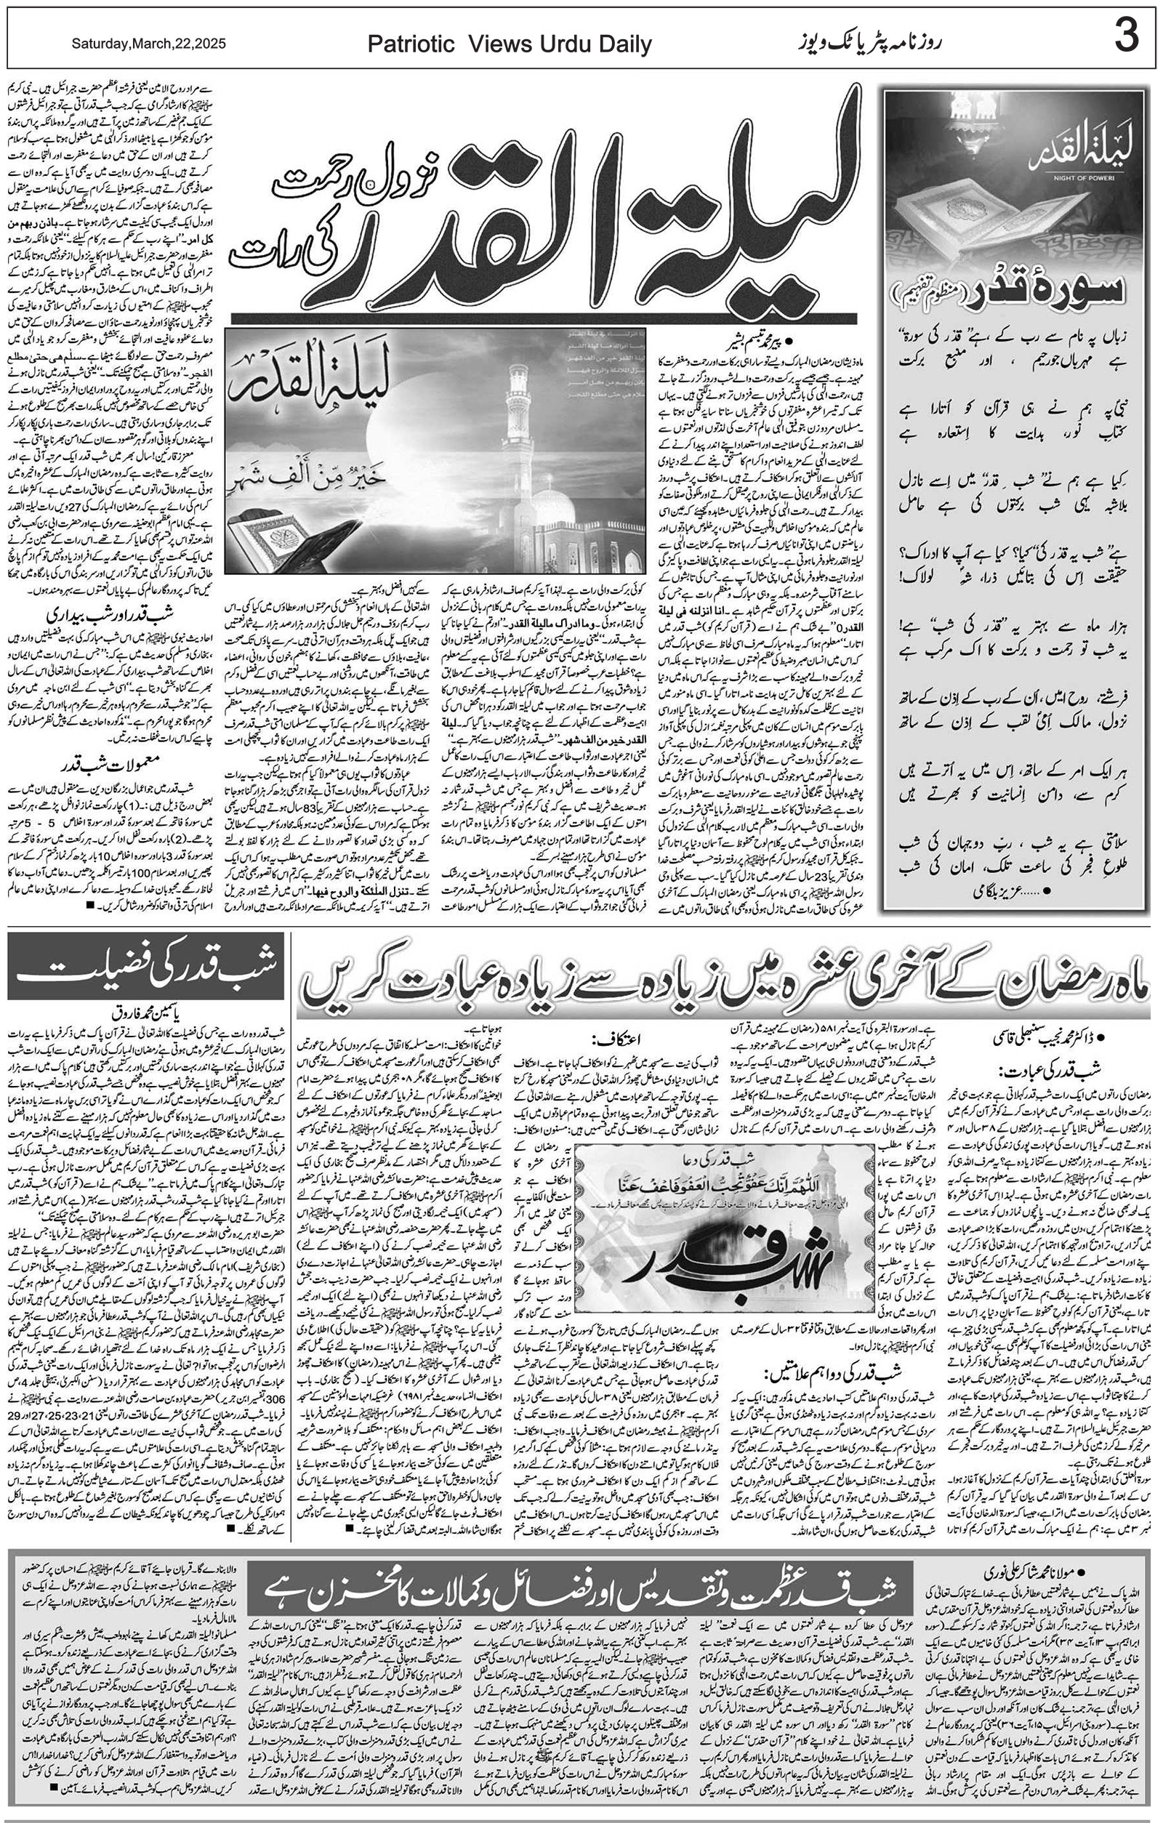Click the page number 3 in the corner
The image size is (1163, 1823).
(x=1125, y=37)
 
